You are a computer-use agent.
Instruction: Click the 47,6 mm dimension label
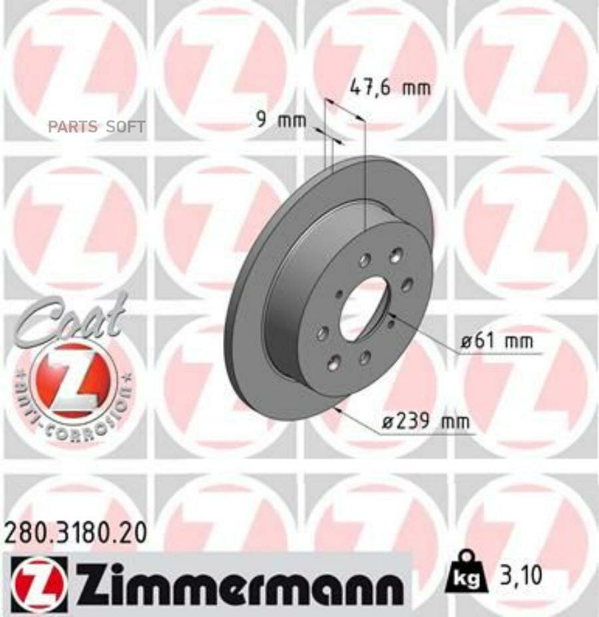390,87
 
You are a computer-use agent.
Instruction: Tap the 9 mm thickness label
281,120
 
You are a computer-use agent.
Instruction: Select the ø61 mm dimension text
499,342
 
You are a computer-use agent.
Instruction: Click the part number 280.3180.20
75,533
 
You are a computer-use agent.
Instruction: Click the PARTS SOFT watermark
96,126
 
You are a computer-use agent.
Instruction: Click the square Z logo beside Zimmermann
39,574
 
